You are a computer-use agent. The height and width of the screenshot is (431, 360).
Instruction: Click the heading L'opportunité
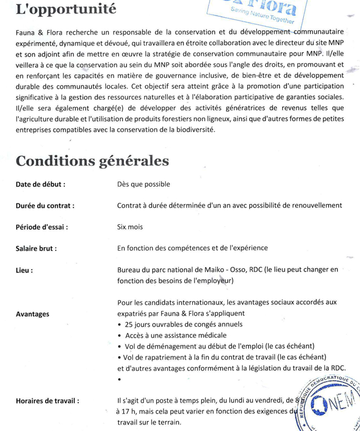(66, 9)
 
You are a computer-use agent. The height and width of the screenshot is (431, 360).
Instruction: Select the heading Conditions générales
(92, 160)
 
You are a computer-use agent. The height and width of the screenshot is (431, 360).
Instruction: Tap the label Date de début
(41, 184)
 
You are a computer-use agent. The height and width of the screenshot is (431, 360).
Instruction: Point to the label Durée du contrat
(45, 205)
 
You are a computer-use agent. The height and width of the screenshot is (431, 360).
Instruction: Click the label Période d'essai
(42, 227)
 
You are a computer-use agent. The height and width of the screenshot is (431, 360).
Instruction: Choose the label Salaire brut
(36, 248)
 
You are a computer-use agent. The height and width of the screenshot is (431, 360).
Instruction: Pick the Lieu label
(24, 270)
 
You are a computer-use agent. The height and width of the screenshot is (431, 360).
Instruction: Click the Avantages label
(32, 314)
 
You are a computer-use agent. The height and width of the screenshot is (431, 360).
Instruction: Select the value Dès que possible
(143, 184)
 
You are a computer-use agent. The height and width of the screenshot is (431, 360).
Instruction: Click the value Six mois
(130, 227)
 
